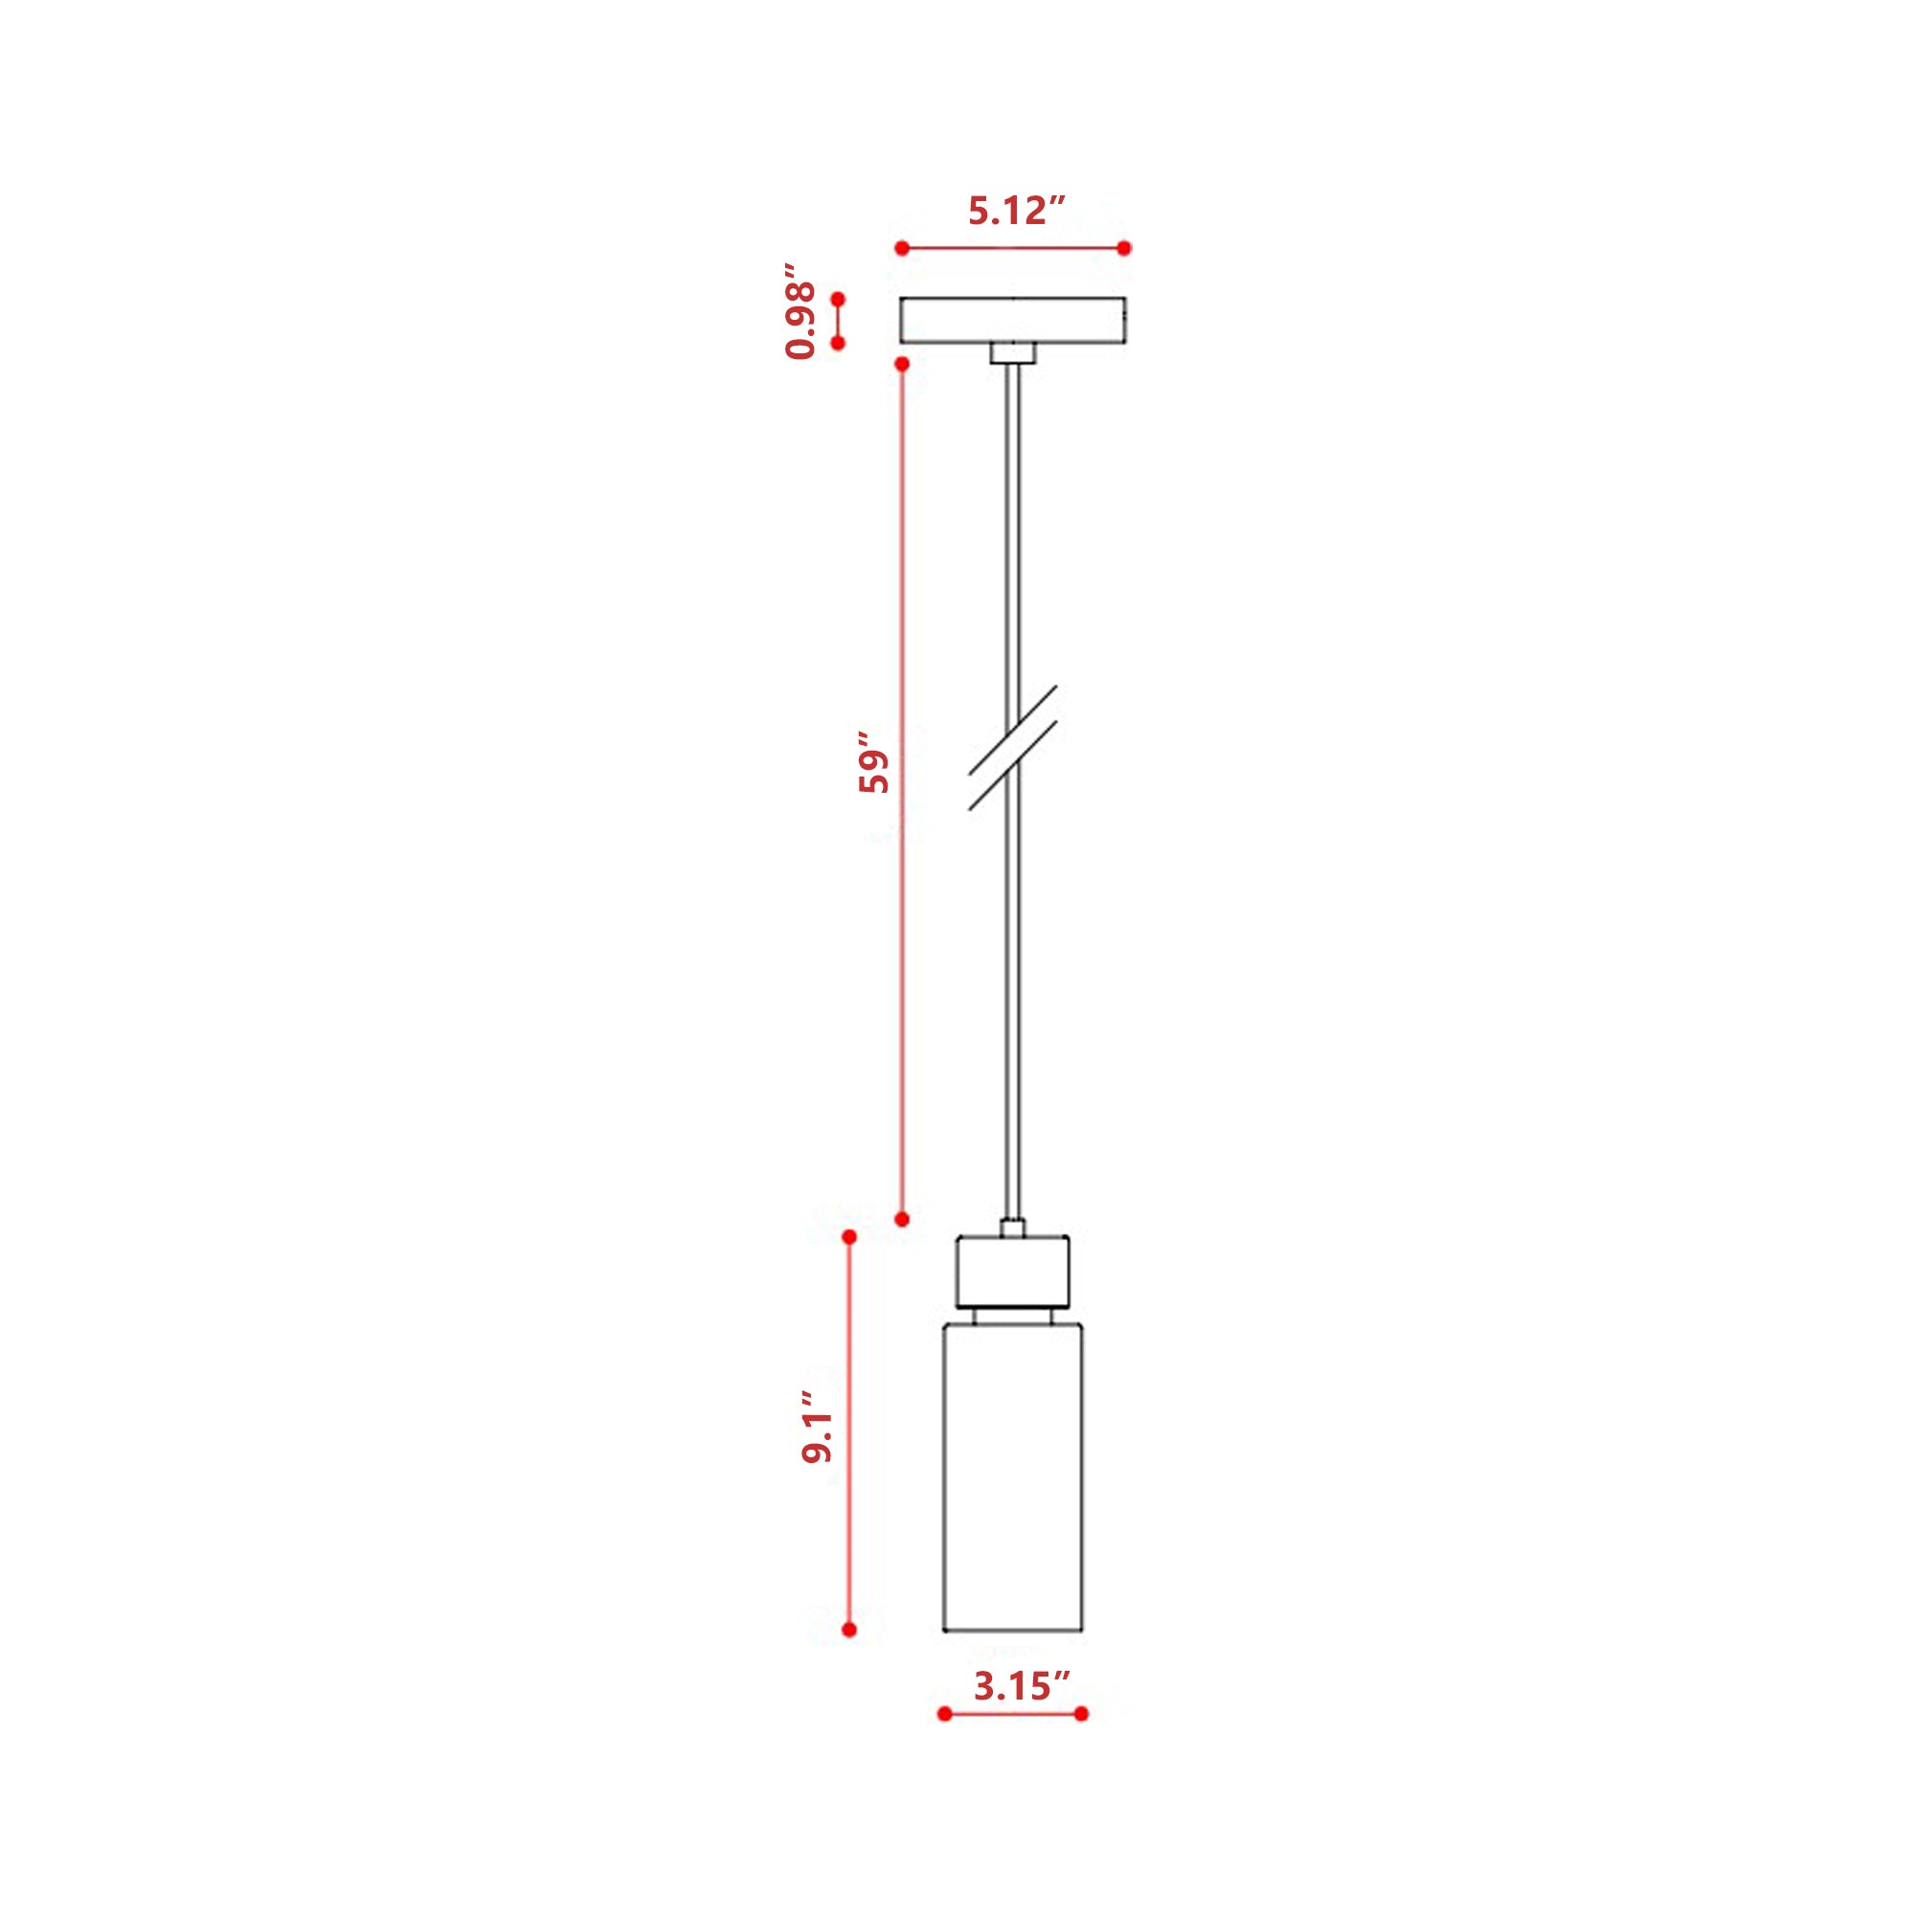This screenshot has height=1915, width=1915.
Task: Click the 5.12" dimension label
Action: (1017, 211)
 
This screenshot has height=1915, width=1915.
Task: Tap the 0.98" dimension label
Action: (800, 311)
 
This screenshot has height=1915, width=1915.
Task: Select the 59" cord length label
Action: (874, 762)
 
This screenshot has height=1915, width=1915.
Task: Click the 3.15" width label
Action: (1023, 1686)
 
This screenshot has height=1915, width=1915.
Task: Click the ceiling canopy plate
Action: (1012, 320)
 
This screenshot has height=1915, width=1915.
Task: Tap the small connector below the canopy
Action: (1012, 354)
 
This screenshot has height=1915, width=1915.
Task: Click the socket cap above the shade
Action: (1012, 1272)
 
